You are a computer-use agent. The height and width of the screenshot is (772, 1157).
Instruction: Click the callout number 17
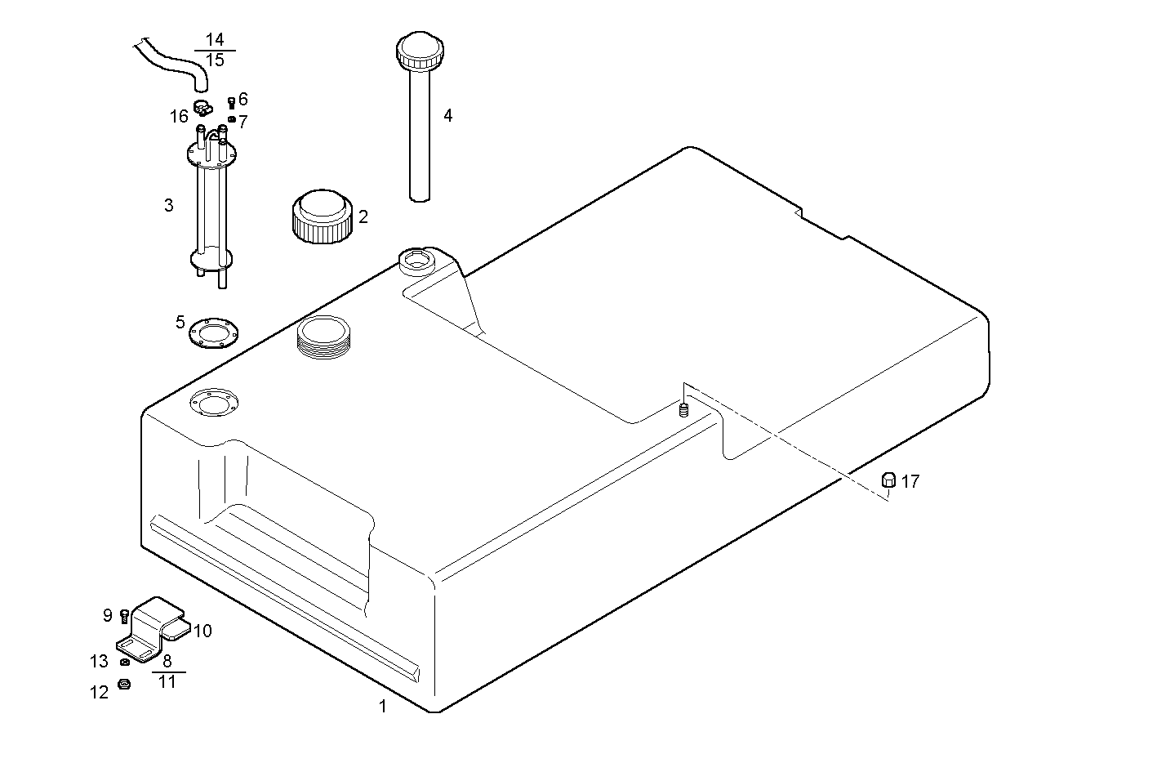[910, 482]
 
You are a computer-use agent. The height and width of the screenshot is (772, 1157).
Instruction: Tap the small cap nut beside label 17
[889, 480]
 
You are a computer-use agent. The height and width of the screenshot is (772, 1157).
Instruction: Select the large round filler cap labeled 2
[321, 216]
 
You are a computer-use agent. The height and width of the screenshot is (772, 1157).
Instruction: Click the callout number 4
[447, 116]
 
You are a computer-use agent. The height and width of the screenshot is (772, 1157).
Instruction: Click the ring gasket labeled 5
[213, 333]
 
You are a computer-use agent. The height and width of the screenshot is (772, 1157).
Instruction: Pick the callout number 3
[168, 206]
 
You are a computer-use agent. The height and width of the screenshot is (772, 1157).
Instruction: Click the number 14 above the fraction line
[215, 40]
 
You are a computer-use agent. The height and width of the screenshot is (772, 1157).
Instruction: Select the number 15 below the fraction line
[215, 60]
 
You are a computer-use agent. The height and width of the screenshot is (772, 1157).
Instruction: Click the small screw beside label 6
[231, 102]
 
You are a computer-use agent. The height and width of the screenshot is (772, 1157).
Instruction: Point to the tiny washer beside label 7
[231, 119]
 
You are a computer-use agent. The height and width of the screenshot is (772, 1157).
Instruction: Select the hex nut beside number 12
[124, 685]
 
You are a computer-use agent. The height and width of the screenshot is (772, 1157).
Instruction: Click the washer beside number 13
[123, 662]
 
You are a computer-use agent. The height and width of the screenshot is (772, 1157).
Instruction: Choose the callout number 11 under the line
[167, 681]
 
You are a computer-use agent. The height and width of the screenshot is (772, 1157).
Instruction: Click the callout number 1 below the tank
[382, 707]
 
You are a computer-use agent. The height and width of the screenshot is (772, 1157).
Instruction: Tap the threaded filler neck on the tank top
[324, 336]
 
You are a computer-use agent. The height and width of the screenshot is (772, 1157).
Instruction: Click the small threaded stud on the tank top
[683, 410]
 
